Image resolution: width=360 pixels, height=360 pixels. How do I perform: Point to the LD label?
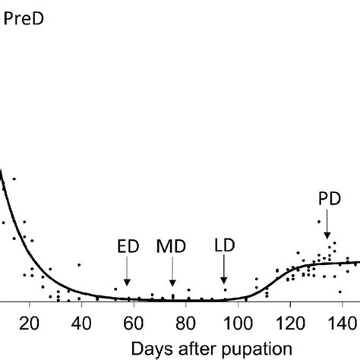coord(224,248)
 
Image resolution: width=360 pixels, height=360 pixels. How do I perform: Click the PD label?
coord(328,201)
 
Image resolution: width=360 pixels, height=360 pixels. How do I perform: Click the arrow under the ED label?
coord(128,272)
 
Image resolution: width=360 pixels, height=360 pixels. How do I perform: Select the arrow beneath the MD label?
coord(173,272)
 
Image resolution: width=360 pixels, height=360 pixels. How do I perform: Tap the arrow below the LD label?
coord(224,272)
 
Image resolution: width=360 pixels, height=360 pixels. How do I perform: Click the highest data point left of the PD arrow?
coord(318,222)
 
